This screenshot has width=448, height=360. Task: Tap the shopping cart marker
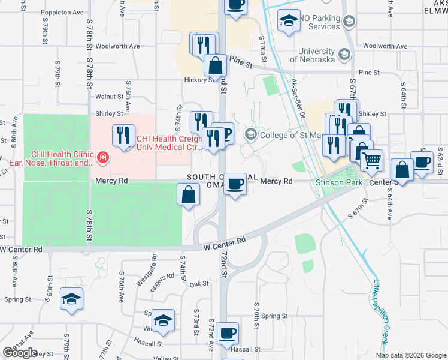pos(372,161)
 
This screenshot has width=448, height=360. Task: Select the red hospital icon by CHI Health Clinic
pos(104,158)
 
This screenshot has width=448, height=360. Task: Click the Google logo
pos(20,352)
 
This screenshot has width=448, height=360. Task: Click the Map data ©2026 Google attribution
pos(411,355)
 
